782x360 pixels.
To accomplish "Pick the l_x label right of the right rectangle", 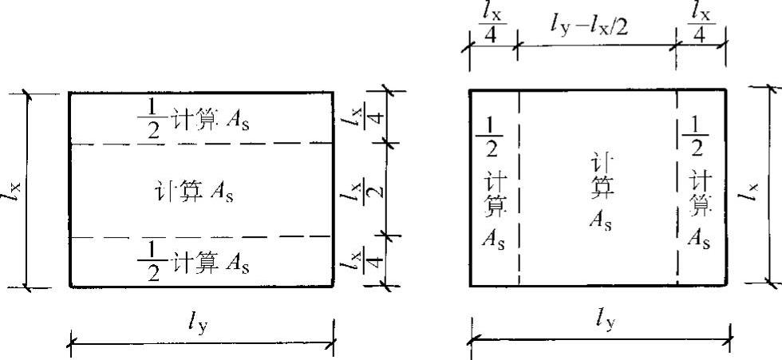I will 753,188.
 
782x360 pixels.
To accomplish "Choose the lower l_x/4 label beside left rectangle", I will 369,260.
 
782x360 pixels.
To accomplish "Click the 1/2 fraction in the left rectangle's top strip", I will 152,119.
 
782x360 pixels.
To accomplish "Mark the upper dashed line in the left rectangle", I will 200,144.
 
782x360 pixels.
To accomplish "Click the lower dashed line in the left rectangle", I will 200,236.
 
